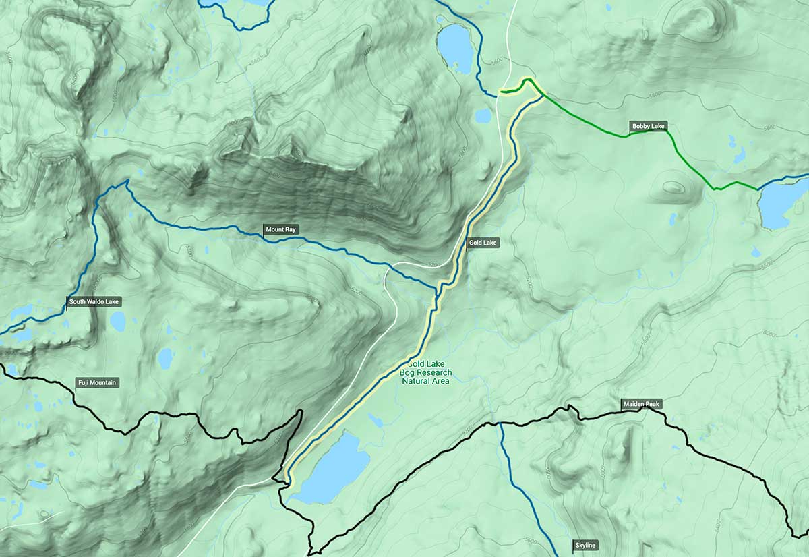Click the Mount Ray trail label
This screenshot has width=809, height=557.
click(x=280, y=230)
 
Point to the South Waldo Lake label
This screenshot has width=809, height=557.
click(x=94, y=301)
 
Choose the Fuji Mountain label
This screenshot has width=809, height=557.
click(x=98, y=383)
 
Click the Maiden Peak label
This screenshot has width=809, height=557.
click(x=642, y=404)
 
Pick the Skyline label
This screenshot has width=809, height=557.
click(x=585, y=545)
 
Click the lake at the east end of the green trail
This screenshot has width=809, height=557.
click(x=782, y=203)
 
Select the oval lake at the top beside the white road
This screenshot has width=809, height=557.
click(x=456, y=47)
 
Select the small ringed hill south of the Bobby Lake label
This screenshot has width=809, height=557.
click(x=671, y=187)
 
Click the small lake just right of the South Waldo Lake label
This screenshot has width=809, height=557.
click(x=118, y=322)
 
